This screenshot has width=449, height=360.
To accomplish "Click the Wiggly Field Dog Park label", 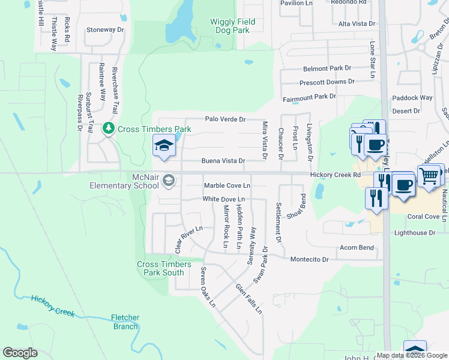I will coord(232,26).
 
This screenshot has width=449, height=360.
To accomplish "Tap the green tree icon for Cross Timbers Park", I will coord(109,128).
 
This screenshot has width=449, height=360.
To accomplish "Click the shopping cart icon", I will coord(429,176).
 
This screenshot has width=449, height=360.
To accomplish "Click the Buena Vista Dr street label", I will coord(223,161).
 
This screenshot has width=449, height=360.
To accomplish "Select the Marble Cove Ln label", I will coord(227,186).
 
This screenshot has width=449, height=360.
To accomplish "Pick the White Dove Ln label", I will coord(224,199).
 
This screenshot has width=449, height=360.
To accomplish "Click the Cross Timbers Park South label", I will coord(164,268).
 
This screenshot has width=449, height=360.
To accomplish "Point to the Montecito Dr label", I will coord(310,260).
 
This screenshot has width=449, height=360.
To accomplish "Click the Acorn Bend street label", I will coord(357,248).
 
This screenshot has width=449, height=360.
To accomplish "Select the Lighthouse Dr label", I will coord(418,233).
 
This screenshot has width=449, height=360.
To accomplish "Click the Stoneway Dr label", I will coord(105,29).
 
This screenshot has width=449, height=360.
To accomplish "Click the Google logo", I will coord(20,353).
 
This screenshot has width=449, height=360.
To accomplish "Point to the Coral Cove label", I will coord(424,217).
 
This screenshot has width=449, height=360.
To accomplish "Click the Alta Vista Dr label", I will coord(357,24).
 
